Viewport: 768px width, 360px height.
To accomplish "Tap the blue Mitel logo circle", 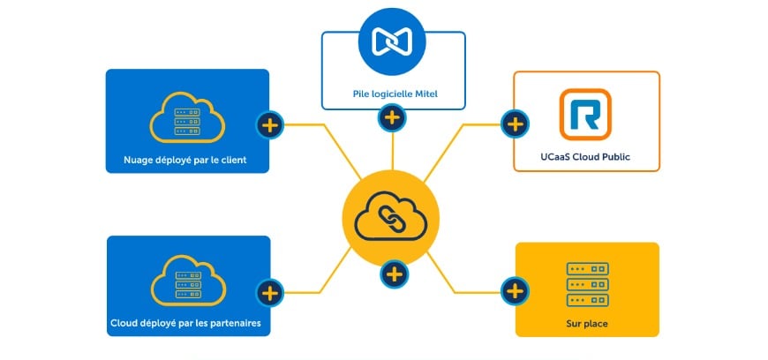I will click(391, 40).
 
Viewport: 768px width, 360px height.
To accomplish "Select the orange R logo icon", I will click(585, 115).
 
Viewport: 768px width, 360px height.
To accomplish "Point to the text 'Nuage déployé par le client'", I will click(187, 161).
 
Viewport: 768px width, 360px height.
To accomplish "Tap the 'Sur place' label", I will click(587, 324).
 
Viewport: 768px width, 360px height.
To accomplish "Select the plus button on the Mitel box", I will click(392, 117).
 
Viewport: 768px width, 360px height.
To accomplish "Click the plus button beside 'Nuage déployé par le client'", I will click(270, 125).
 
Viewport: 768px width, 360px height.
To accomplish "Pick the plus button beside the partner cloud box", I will click(270, 291).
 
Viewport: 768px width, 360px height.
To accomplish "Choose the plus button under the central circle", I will click(395, 274).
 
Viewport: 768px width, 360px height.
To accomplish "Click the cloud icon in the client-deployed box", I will click(186, 119).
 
